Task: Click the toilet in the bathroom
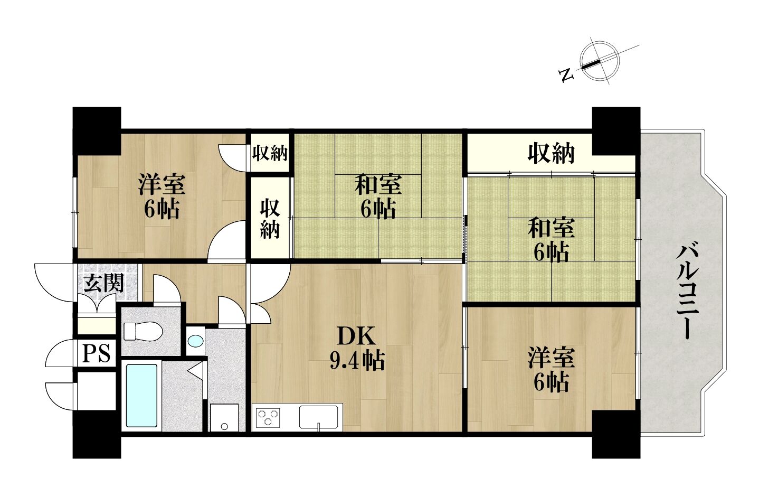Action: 143,332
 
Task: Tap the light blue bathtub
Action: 141,395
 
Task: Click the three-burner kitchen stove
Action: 268,417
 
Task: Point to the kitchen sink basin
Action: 318,417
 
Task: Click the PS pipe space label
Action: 97,353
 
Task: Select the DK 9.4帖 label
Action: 357,348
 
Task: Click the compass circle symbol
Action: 600,62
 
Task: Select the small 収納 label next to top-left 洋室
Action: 270,153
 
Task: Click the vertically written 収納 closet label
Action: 270,219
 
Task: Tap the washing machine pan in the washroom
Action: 224,418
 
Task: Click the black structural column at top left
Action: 97,131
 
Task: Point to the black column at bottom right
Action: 616,434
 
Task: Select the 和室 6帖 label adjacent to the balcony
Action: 551,239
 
